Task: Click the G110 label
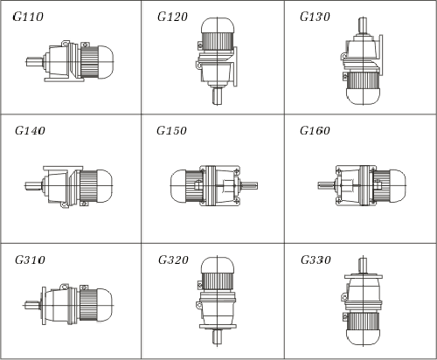[28, 17]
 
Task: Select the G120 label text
[172, 17]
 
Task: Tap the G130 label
[315, 17]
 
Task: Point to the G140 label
[30, 130]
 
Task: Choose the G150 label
[171, 130]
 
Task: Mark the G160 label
[315, 130]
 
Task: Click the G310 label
[30, 260]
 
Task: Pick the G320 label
[173, 260]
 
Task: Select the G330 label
[316, 260]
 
